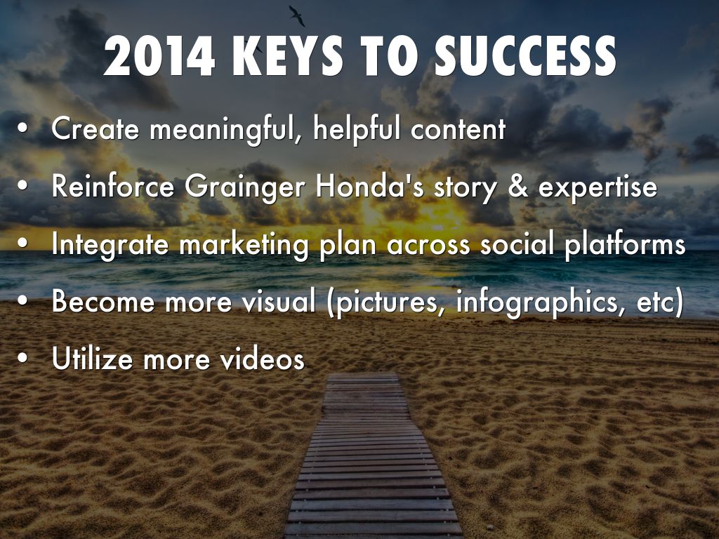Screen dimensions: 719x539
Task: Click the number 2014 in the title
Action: click(159, 56)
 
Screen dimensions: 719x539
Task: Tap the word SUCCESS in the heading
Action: click(525, 56)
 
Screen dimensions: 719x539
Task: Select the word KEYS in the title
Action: click(288, 56)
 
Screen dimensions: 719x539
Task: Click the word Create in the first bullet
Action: click(95, 128)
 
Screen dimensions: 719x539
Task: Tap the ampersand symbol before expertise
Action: click(518, 186)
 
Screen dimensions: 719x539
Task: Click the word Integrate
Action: click(110, 245)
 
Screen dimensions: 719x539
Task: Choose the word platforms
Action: click(625, 245)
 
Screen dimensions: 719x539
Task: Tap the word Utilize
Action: click(93, 359)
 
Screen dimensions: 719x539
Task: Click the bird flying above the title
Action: click(297, 15)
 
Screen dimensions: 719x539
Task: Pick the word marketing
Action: click(244, 245)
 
